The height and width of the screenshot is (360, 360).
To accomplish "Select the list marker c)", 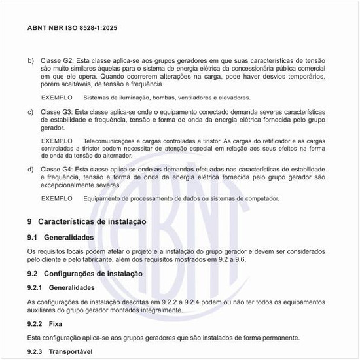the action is click(x=31, y=112).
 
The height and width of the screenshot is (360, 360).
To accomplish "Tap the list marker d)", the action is click(x=31, y=170).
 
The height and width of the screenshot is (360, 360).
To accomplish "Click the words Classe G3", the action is click(x=58, y=112).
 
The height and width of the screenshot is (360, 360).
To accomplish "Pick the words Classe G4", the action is click(x=58, y=170).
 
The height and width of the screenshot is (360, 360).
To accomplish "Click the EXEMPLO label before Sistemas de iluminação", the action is click(x=57, y=98).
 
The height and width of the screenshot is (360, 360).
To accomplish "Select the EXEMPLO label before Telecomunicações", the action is click(x=57, y=141).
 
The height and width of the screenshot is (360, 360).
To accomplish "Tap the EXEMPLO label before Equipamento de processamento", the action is click(x=57, y=198).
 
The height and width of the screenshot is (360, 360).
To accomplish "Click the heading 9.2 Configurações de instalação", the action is click(x=84, y=273).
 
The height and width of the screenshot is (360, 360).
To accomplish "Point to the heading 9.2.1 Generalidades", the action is click(x=66, y=287).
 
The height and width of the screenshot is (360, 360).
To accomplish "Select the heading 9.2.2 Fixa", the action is click(x=45, y=323).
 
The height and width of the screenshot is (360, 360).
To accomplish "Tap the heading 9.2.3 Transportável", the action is click(x=60, y=352).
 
